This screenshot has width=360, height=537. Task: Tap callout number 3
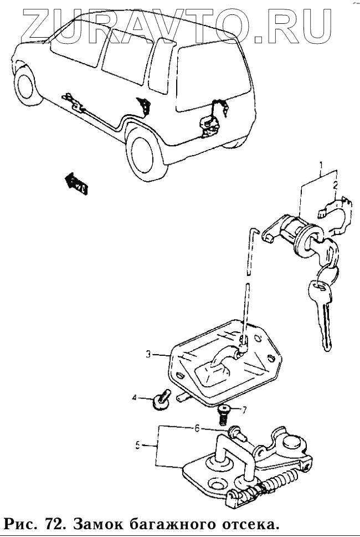pos(149,354)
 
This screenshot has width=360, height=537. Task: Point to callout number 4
pos(134,397)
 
